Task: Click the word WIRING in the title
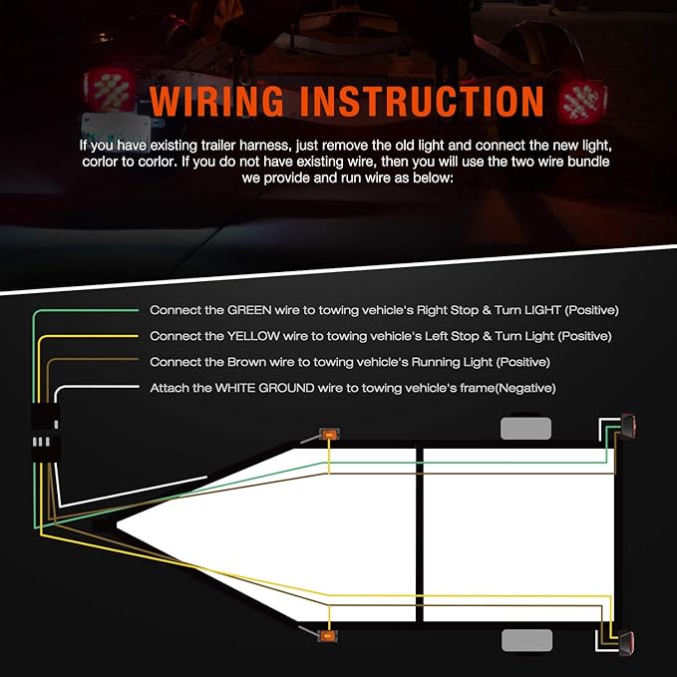[x=213, y=103]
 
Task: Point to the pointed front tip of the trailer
[x=118, y=524]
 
